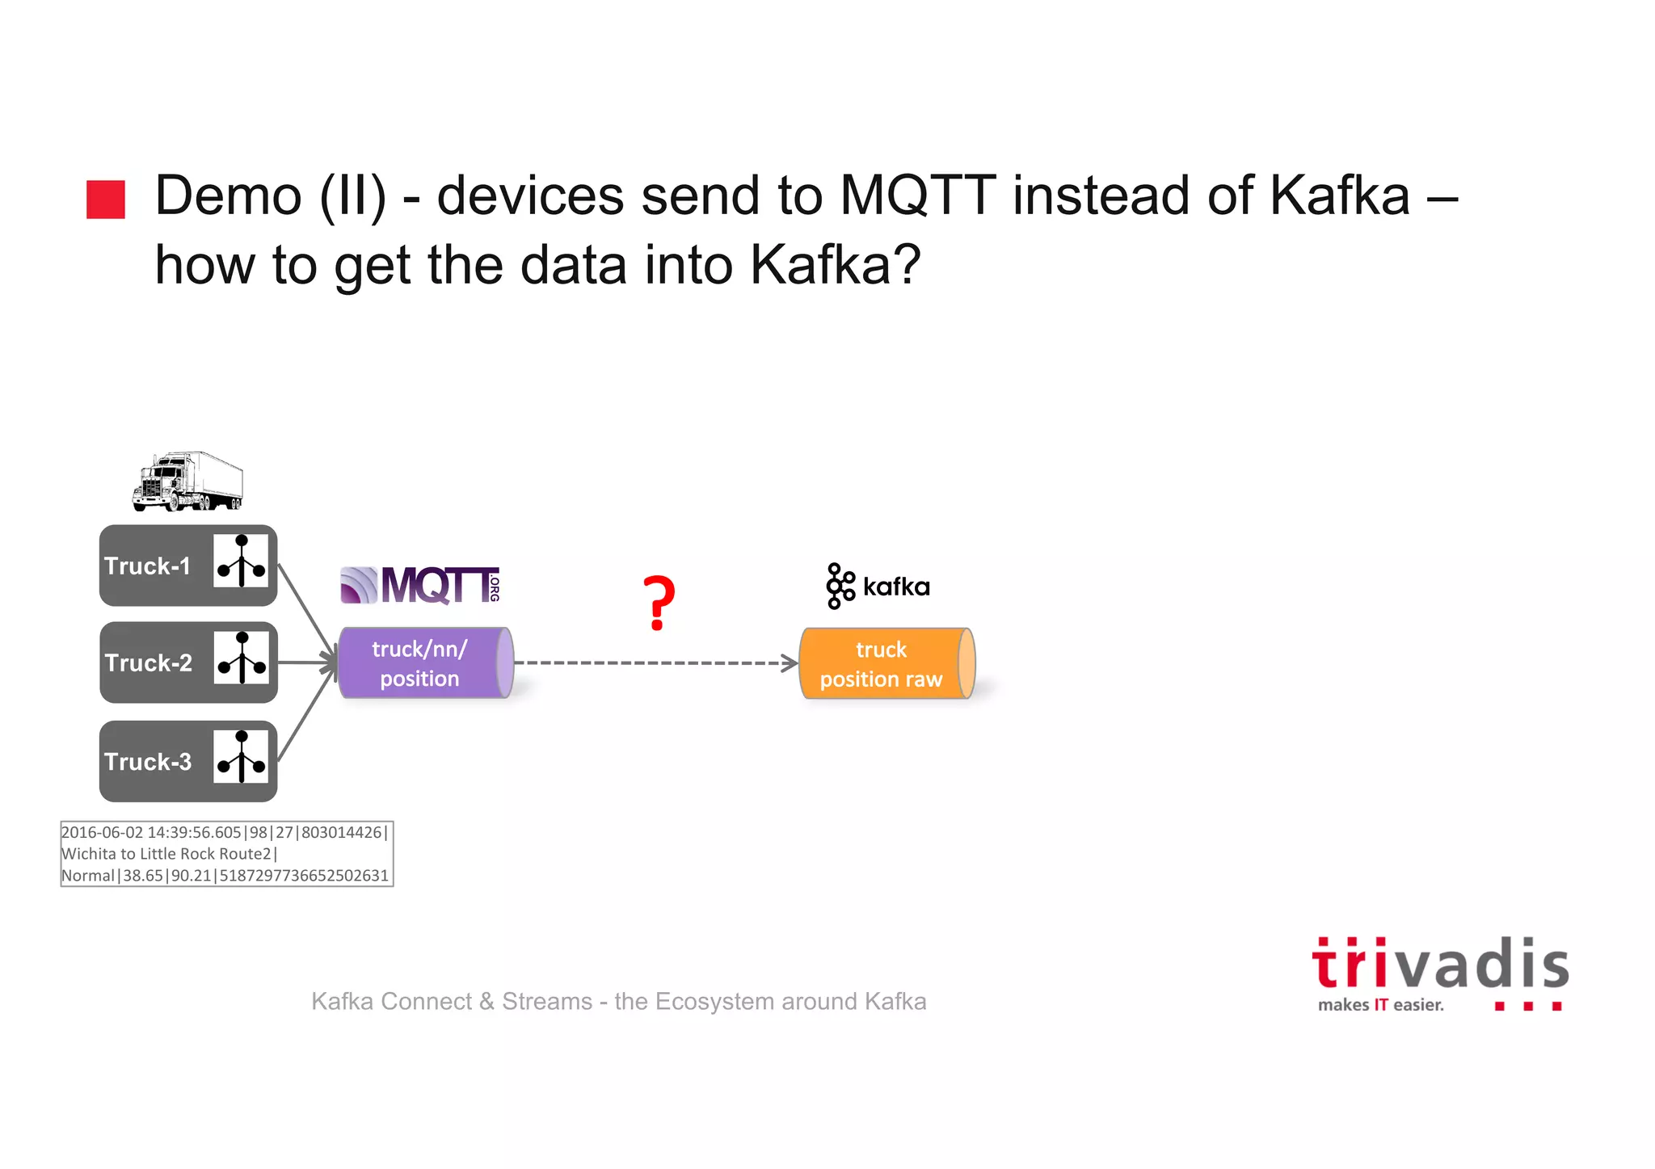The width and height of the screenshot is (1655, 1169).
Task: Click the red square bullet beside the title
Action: [x=106, y=199]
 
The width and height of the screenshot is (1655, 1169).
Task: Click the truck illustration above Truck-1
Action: [x=187, y=481]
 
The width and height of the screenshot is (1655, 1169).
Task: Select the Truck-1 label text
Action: [x=147, y=566]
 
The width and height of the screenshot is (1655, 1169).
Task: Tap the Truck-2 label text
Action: [x=148, y=663]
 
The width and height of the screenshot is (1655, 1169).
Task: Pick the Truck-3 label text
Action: [x=148, y=762]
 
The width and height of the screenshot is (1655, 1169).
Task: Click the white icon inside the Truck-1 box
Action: [x=241, y=561]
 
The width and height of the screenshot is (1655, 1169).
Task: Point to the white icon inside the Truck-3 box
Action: [x=241, y=757]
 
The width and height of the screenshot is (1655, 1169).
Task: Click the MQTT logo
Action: [x=420, y=585]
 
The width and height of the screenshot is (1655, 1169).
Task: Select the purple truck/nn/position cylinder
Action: [x=425, y=663]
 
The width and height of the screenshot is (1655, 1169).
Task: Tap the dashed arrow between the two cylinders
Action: [x=655, y=663]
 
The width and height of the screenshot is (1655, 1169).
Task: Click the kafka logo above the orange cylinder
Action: [x=878, y=586]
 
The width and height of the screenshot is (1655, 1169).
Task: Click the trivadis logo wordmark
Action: [x=1440, y=965]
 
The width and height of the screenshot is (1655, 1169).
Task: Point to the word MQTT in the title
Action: [x=916, y=196]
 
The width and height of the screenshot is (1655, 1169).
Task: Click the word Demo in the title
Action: [x=228, y=196]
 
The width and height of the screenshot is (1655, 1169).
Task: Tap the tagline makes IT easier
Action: [x=1380, y=1005]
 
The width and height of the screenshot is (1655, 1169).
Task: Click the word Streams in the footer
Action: [x=547, y=1002]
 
